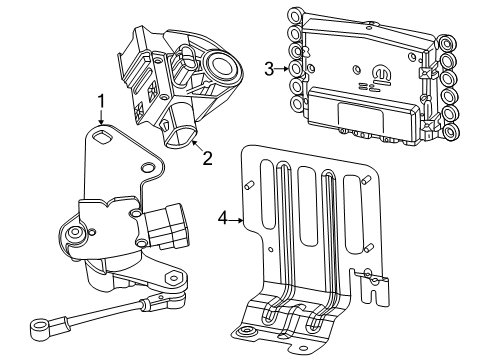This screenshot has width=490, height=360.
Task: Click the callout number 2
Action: coord(207,157)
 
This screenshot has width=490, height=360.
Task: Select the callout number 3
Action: coord(269,68)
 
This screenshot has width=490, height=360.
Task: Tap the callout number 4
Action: coord(224,214)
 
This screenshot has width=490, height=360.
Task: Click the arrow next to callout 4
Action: coord(237,214)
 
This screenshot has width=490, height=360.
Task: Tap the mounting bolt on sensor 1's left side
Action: coord(73,239)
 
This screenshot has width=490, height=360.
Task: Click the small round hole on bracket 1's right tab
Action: coord(147,166)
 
